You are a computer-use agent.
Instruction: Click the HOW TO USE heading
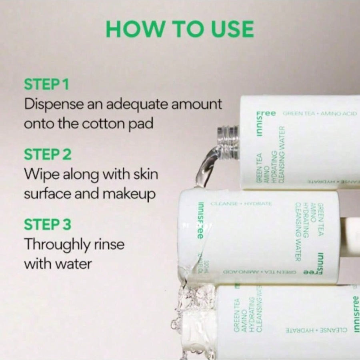pyautogui.click(x=180, y=29)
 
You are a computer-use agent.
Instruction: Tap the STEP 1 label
pyautogui.click(x=46, y=84)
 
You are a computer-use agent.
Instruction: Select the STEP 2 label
pyautogui.click(x=47, y=154)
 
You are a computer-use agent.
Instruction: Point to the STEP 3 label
pyautogui.click(x=47, y=224)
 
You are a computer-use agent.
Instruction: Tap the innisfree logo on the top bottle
pyautogui.click(x=260, y=124)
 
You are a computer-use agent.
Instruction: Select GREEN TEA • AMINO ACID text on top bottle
pyautogui.click(x=320, y=114)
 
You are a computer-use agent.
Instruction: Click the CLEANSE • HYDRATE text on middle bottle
pyautogui.click(x=241, y=204)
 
